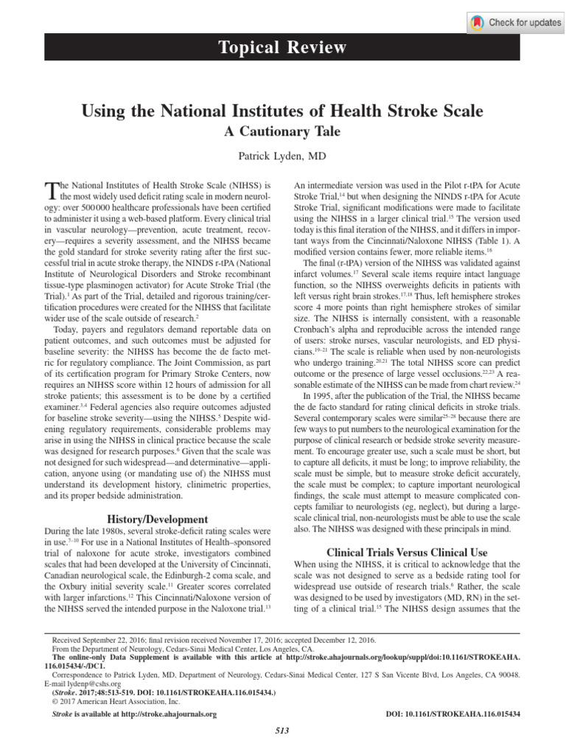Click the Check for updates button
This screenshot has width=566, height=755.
515,22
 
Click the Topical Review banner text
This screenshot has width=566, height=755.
283,49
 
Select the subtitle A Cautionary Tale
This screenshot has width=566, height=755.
282,133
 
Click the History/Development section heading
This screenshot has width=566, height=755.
158,519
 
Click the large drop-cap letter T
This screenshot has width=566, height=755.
52,192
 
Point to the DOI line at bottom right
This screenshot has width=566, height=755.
453,714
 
